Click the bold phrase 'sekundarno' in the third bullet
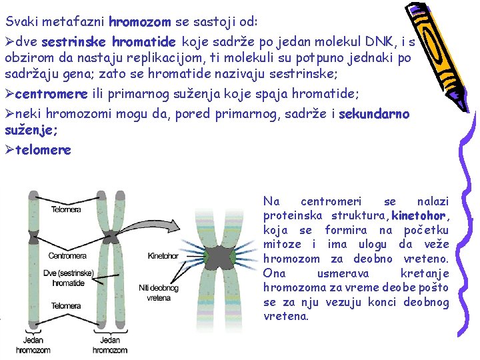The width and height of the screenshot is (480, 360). click(374, 115)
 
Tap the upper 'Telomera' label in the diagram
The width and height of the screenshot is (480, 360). click(67, 209)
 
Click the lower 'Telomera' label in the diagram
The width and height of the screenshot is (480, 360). click(67, 306)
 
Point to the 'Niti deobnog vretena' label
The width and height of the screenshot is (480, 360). click(153, 293)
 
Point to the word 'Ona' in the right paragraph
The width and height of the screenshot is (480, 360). click(273, 273)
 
